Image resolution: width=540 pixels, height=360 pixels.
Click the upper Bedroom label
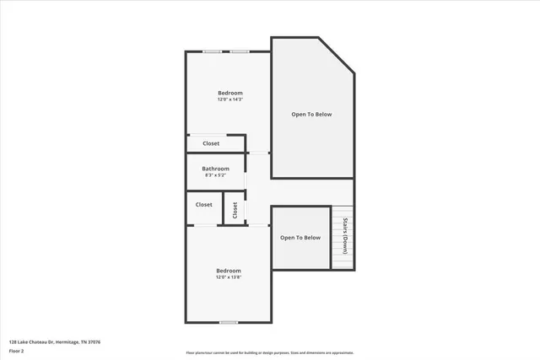pos(230,93)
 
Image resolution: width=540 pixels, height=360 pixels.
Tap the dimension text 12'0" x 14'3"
pos(230,100)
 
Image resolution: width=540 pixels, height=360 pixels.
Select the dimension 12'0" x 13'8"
pos(229,277)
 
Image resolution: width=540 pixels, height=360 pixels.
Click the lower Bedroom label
pos(229,271)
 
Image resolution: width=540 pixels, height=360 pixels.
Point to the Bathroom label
pos(215,169)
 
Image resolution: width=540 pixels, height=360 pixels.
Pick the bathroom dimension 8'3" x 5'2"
pos(215,175)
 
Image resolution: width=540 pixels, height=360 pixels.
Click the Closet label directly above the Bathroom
pos(210,143)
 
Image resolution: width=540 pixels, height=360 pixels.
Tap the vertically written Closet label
pos(235,208)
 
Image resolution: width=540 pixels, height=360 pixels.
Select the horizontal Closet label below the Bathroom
pos(203,205)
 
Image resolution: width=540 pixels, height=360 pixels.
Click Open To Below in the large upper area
pos(311,115)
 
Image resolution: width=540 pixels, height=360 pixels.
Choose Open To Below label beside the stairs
pos(300,238)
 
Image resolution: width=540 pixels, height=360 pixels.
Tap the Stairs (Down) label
pos(344,237)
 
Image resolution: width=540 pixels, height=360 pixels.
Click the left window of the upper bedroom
pos(212,52)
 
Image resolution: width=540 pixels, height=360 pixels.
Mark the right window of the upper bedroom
pos(240,52)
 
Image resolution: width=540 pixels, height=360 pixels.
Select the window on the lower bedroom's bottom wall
pos(228,323)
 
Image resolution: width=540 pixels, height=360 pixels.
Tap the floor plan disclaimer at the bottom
pos(270,353)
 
